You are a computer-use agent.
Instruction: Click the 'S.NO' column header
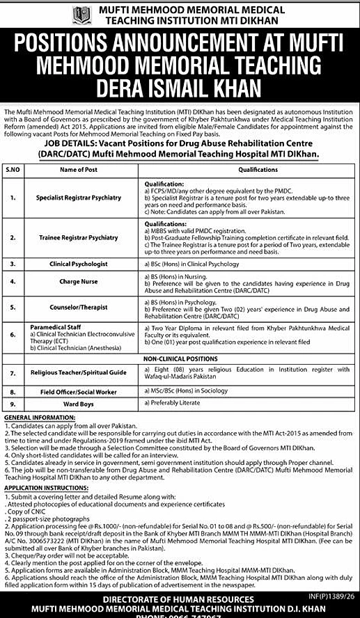pos(13,169)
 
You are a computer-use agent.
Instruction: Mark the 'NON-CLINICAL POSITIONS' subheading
pos(181,358)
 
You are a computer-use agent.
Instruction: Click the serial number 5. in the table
pos(13,306)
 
